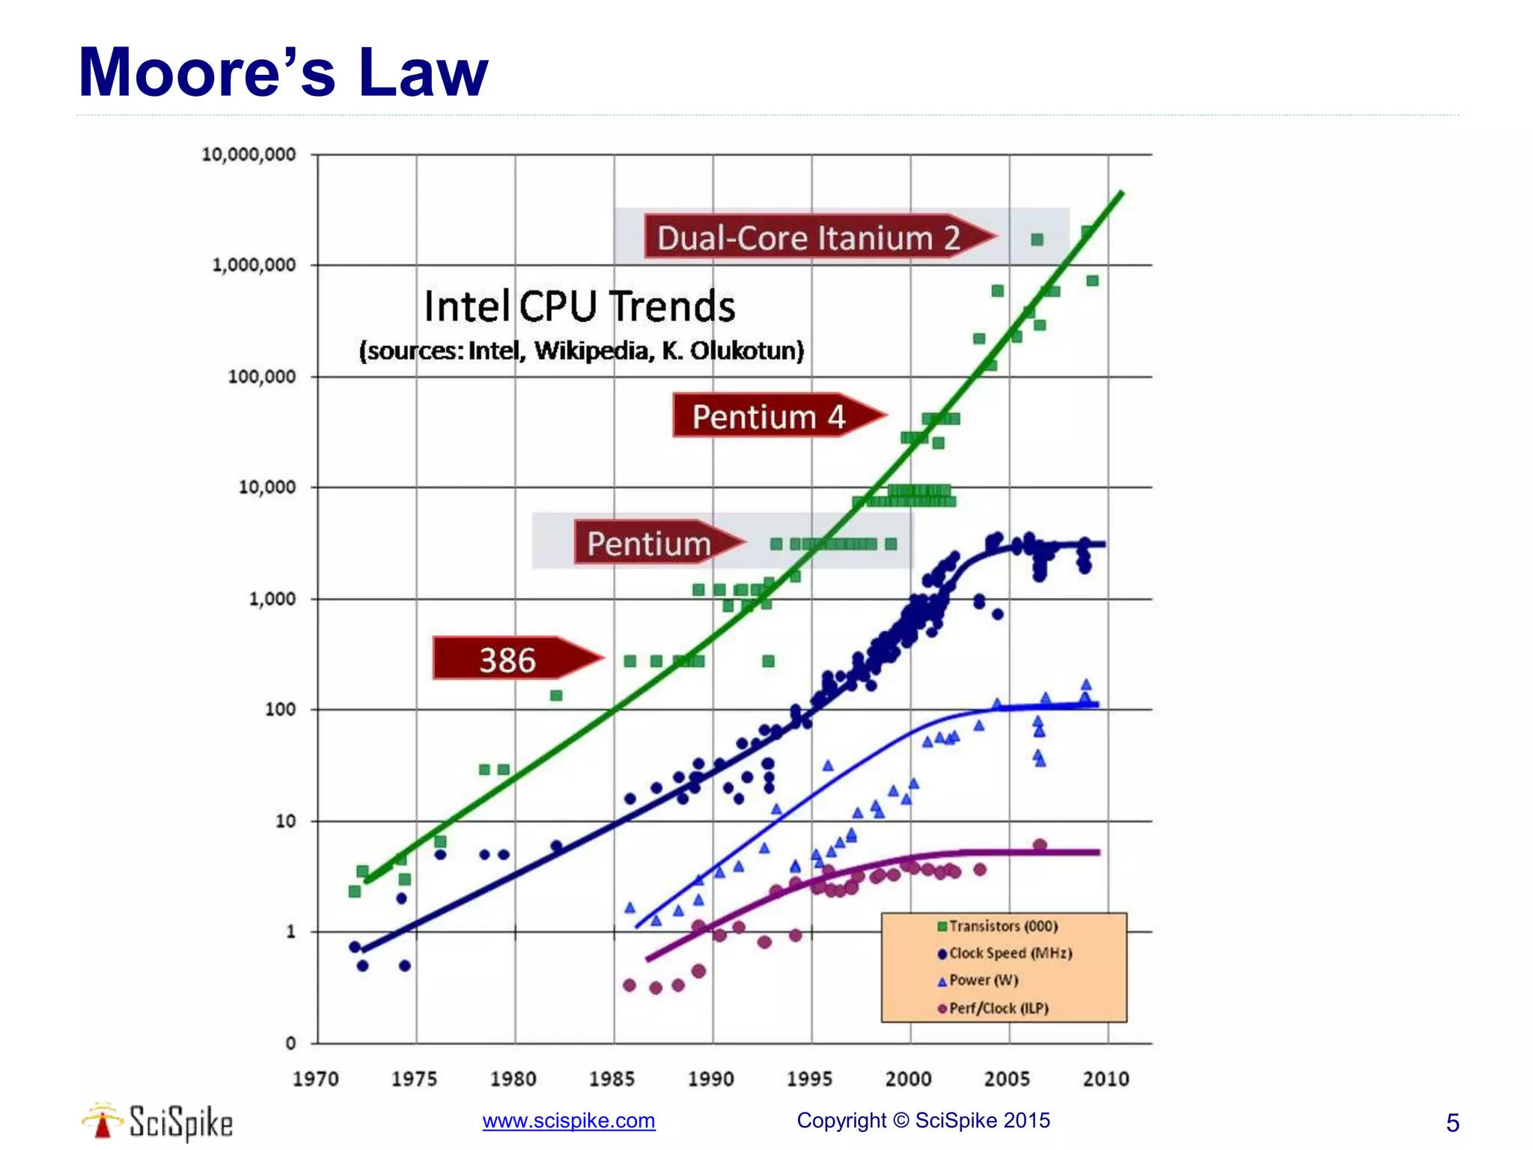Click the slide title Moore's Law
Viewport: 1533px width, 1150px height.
point(283,73)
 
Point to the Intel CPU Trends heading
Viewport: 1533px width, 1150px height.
point(579,306)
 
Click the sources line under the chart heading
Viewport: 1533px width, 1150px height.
point(581,350)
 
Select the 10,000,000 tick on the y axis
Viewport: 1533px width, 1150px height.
point(249,154)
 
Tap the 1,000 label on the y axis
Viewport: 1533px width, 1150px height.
point(272,598)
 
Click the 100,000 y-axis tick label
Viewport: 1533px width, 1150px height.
point(261,376)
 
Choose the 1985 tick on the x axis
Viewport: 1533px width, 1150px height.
point(612,1078)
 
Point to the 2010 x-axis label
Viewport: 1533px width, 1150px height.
point(1106,1078)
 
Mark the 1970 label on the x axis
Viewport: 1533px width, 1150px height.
point(315,1078)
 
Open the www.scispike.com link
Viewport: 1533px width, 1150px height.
point(568,1120)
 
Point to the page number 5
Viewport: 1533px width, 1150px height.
point(1452,1122)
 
